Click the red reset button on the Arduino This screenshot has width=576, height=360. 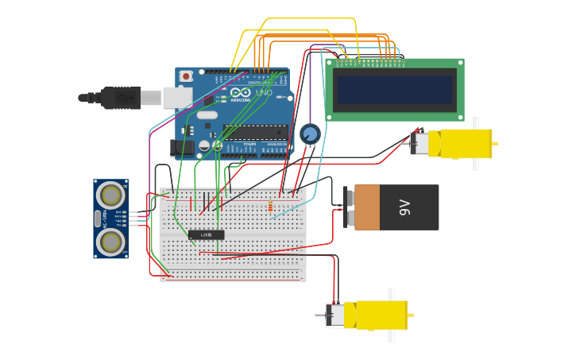(x=186, y=76)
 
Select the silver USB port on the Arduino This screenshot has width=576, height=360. (x=177, y=97)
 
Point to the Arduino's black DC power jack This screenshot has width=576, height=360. (x=182, y=147)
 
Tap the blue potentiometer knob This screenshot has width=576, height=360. (x=310, y=134)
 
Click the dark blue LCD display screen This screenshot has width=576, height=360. (x=395, y=89)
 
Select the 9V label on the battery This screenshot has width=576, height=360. (x=404, y=207)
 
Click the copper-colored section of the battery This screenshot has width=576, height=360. (x=367, y=207)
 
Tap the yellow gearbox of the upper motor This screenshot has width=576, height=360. (x=465, y=144)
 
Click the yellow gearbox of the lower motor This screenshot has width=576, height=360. (x=381, y=315)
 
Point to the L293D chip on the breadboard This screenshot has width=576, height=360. (x=206, y=234)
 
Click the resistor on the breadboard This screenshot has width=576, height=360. (x=270, y=207)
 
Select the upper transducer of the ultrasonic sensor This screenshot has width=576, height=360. (x=110, y=195)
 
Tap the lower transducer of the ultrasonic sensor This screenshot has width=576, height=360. (x=110, y=241)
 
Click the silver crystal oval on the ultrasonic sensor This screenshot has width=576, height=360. (x=98, y=218)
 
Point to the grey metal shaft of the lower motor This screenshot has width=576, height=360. (x=319, y=315)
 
